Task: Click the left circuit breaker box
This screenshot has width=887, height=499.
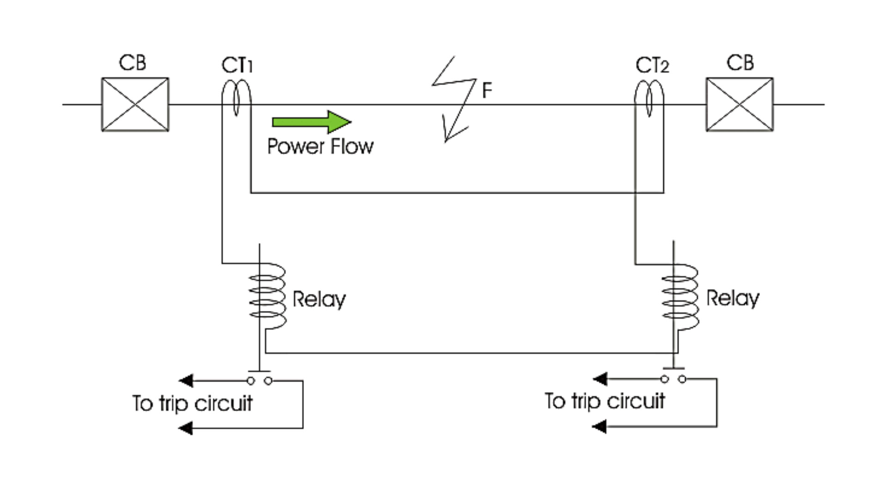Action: tap(135, 104)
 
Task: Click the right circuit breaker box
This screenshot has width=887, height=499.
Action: tap(739, 104)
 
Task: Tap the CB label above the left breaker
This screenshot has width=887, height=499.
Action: tap(133, 63)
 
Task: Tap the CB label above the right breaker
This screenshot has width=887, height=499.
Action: tap(740, 63)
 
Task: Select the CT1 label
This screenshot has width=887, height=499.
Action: tap(237, 66)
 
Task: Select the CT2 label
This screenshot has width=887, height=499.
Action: tap(652, 66)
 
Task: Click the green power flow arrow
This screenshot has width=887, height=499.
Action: tap(311, 122)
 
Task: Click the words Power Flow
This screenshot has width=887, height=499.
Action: tap(320, 146)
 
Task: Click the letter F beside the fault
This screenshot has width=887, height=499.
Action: tap(487, 90)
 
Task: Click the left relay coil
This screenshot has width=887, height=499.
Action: tap(267, 296)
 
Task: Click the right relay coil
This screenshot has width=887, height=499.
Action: tap(680, 296)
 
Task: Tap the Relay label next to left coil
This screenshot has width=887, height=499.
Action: tap(319, 299)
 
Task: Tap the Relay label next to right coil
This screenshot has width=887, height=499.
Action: tap(733, 298)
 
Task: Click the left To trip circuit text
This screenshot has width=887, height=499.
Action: tap(192, 403)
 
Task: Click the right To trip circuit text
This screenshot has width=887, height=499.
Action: tap(605, 401)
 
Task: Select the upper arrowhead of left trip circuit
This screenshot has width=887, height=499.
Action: tap(186, 381)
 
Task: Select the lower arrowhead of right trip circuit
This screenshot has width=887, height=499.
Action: tap(599, 426)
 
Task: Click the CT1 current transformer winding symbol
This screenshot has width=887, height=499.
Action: tap(237, 98)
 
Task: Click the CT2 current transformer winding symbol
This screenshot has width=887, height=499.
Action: tap(649, 98)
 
